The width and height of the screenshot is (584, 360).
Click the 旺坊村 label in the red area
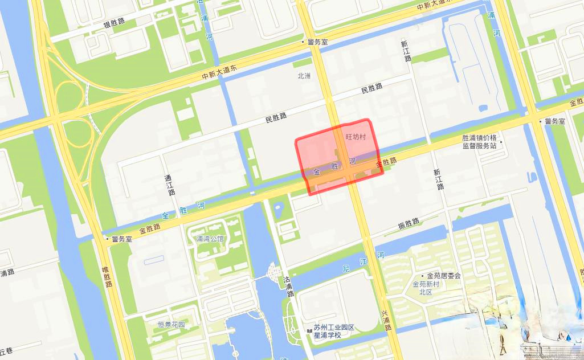[356, 137]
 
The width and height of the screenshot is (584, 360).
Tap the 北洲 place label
[304, 76]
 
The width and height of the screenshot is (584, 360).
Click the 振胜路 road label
[409, 224]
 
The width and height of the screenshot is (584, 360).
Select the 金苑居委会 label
[444, 276]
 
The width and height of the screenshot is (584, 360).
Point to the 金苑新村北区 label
[426, 288]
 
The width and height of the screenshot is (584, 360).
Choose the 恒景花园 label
[171, 325]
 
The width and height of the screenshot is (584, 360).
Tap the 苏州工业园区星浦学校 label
[334, 331]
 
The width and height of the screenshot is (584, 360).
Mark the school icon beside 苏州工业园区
[308, 328]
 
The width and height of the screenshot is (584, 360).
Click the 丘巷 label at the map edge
[6, 349]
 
